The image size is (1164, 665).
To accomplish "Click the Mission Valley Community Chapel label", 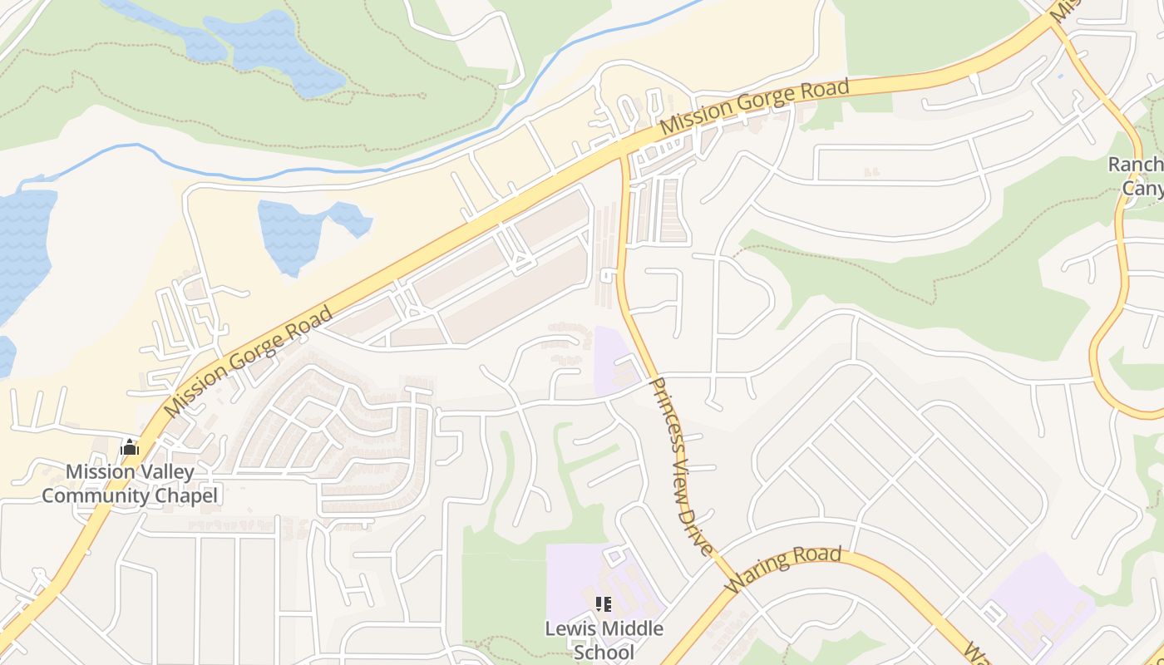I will tap(130, 484).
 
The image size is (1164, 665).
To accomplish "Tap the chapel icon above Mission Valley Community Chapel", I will tap(130, 448).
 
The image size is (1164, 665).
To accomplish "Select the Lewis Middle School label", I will tap(604, 639).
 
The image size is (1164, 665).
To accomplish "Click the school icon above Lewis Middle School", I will tap(604, 604).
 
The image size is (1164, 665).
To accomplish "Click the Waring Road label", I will tap(783, 569).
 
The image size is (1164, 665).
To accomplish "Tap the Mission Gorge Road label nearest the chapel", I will tap(249, 362).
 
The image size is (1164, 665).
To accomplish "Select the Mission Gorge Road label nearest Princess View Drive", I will tap(754, 108).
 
